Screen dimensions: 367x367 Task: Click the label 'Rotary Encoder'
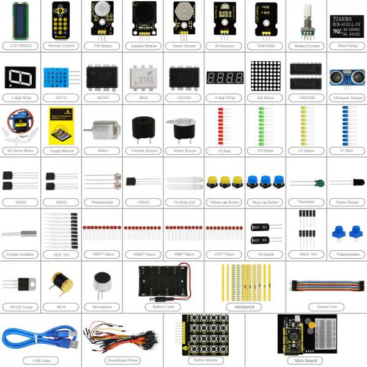[x=306, y=45]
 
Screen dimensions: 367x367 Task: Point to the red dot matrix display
[x=265, y=76]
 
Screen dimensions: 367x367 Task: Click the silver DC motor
[x=101, y=130]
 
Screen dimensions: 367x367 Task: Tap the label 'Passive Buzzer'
[x=143, y=150]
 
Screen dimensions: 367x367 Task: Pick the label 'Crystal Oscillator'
[x=20, y=253]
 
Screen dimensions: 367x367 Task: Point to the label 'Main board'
[x=305, y=360]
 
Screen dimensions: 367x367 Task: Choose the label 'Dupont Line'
[x=325, y=306]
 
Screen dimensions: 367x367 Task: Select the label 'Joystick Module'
[x=143, y=45]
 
